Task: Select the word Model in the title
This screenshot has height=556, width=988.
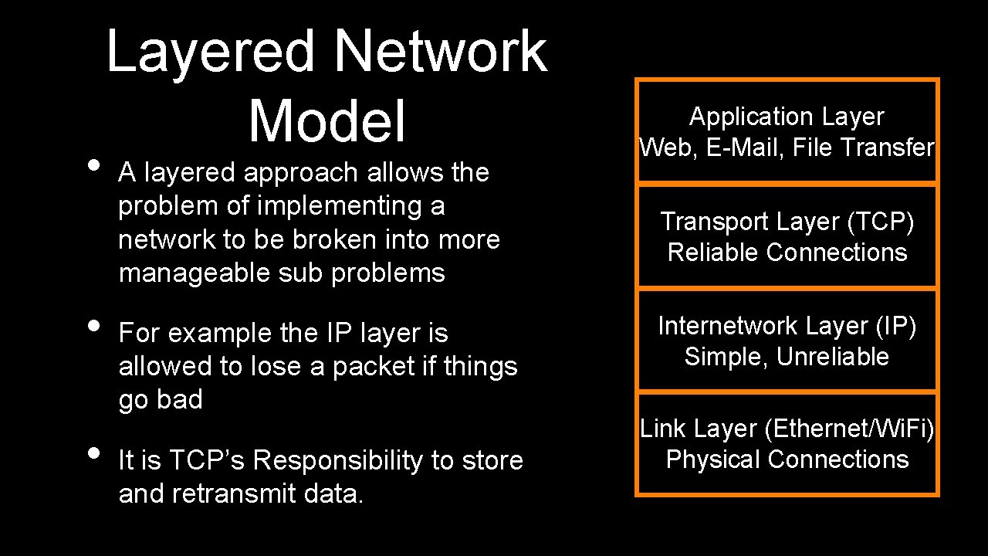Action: [x=327, y=122]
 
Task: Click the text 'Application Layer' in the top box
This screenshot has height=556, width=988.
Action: [x=787, y=117]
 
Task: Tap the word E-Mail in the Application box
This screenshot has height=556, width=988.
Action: [x=746, y=147]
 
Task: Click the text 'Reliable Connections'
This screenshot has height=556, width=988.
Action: [x=787, y=253]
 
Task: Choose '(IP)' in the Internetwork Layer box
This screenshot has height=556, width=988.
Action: [x=895, y=327]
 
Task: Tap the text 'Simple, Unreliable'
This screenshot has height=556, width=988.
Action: [x=787, y=357]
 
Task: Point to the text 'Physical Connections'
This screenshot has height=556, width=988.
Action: [x=787, y=459]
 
